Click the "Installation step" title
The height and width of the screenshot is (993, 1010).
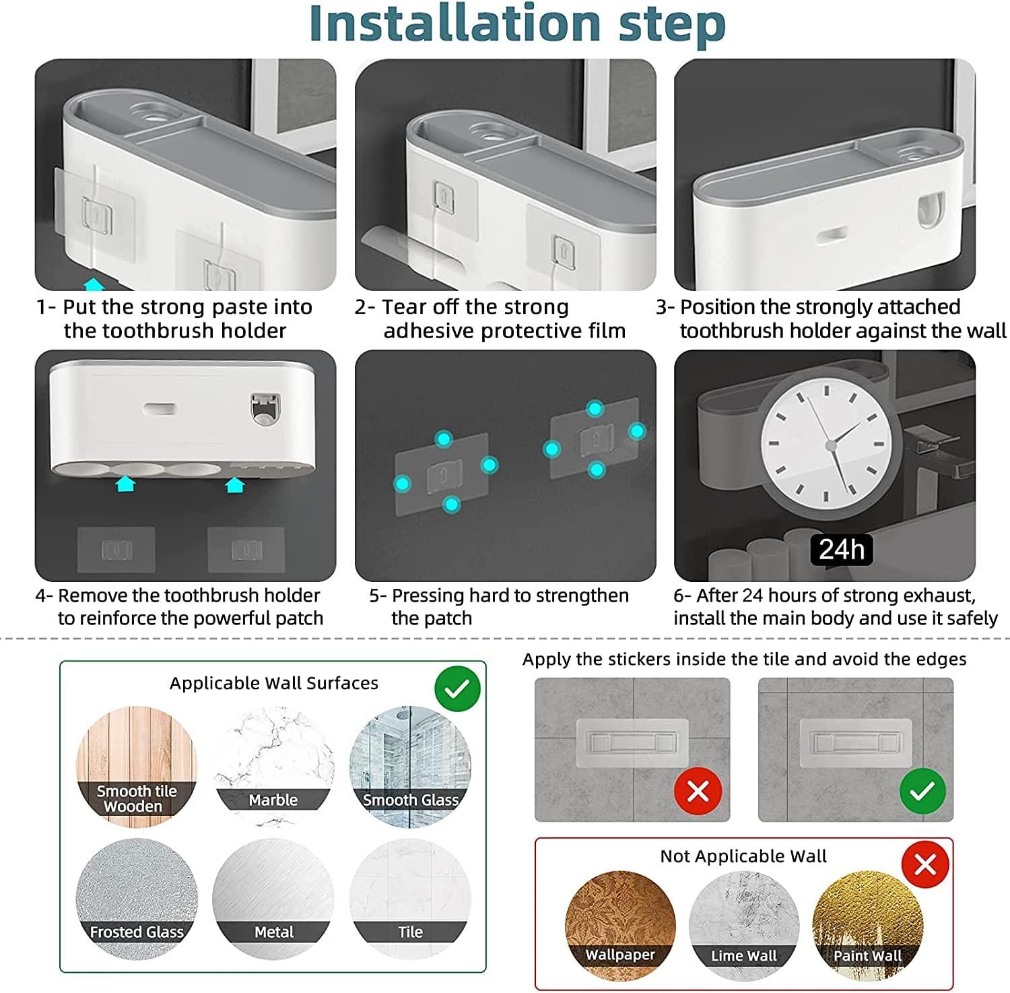point(517,24)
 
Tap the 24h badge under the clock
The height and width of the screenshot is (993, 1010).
point(841,549)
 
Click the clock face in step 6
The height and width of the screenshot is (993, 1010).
point(831,445)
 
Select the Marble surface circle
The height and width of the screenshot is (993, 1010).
point(273,767)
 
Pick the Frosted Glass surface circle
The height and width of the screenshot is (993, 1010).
point(137,899)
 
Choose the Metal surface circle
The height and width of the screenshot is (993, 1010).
point(273,899)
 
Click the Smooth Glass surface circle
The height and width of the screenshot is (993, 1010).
point(410,767)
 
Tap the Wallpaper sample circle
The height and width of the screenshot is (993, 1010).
point(620,927)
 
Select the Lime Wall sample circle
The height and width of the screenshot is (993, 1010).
point(744,927)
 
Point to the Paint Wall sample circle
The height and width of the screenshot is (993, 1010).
point(868,927)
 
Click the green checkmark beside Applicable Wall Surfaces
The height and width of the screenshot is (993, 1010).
point(457,688)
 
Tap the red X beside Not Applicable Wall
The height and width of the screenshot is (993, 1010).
point(925,864)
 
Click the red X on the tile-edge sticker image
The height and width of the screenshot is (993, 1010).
point(698,791)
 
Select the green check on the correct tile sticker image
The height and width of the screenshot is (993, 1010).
point(922,791)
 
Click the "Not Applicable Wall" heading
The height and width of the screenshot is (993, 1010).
point(743,856)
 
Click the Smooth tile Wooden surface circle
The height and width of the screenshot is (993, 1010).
point(137,767)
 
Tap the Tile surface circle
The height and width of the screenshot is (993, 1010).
point(410,899)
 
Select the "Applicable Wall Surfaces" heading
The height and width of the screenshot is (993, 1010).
point(274,683)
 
